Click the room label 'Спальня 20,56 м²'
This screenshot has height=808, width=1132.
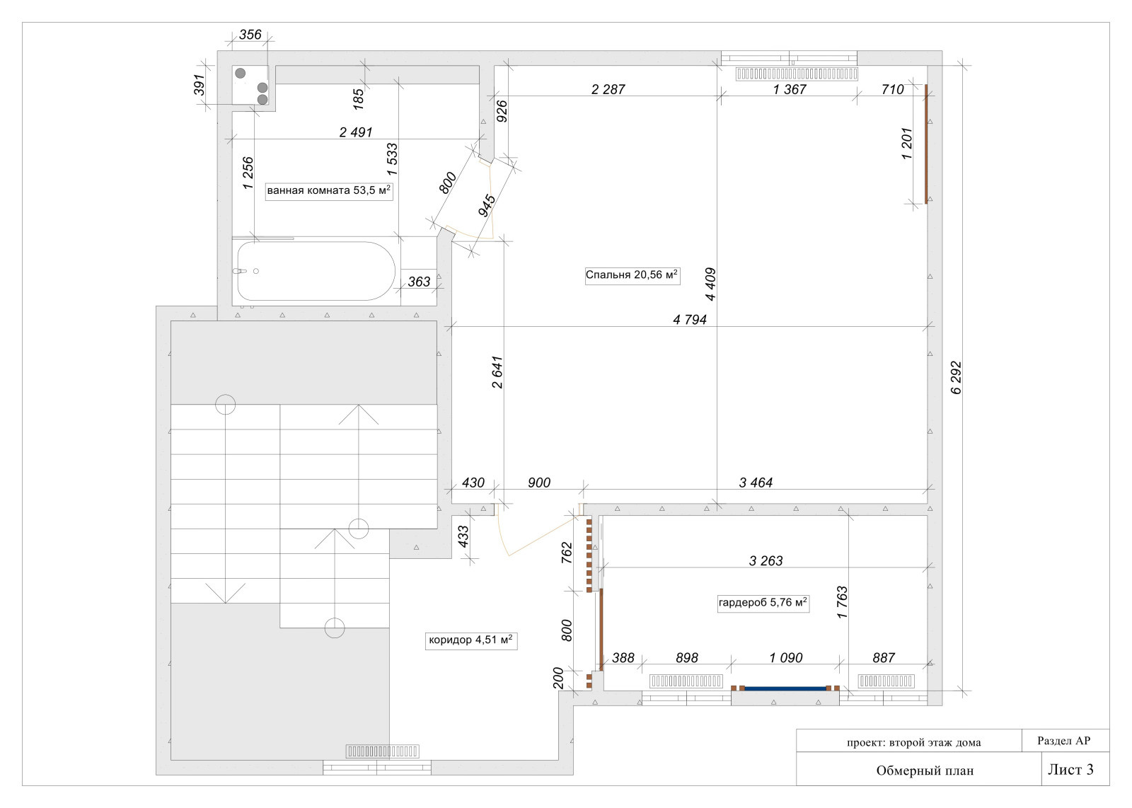pyautogui.click(x=633, y=275)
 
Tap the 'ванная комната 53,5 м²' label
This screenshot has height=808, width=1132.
pyautogui.click(x=329, y=191)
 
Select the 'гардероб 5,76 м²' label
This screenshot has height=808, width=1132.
pyautogui.click(x=763, y=603)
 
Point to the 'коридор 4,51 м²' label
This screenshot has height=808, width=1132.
pyautogui.click(x=471, y=640)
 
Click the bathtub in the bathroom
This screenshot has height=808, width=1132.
pyautogui.click(x=316, y=271)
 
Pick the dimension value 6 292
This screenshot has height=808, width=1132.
pyautogui.click(x=956, y=378)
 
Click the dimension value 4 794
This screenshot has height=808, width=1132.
pyautogui.click(x=690, y=319)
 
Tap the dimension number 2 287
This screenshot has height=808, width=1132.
pyautogui.click(x=608, y=89)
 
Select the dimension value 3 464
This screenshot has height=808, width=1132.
pyautogui.click(x=756, y=483)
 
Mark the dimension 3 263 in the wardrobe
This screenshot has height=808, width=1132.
pyautogui.click(x=766, y=560)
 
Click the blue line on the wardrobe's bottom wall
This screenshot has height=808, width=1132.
pyautogui.click(x=785, y=688)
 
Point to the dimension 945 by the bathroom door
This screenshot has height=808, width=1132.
pyautogui.click(x=487, y=206)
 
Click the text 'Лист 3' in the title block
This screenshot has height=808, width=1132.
pyautogui.click(x=1070, y=769)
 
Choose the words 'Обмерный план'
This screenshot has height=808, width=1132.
pyautogui.click(x=925, y=771)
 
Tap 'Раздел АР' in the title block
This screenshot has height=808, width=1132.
pyautogui.click(x=1064, y=741)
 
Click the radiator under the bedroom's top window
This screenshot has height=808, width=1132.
pyautogui.click(x=797, y=74)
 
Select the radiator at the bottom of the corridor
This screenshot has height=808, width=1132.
pyautogui.click(x=382, y=751)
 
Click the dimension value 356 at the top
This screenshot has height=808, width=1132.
pyautogui.click(x=250, y=35)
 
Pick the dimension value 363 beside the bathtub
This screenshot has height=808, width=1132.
pyautogui.click(x=419, y=282)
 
